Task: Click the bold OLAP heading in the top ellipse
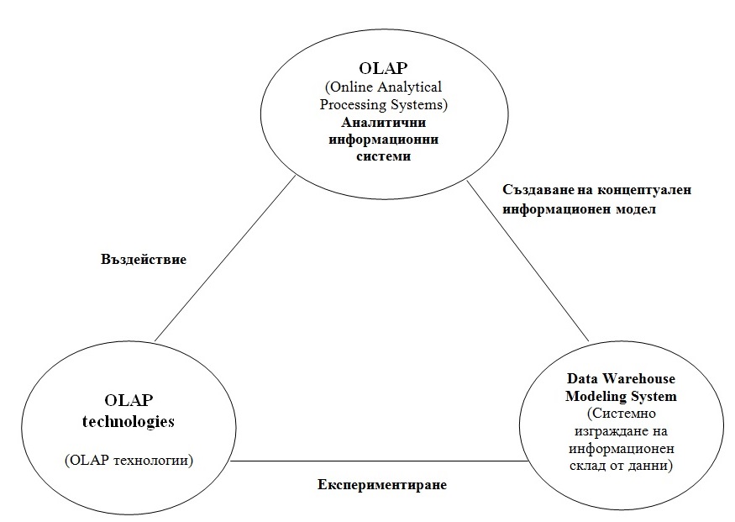383,68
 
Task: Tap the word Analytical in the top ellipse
410,87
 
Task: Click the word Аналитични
383,122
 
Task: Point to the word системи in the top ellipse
383,156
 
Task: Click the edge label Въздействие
144,260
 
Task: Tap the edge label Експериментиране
382,484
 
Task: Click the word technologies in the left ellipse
129,421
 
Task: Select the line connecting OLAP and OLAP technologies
225,258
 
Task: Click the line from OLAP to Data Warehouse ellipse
528,261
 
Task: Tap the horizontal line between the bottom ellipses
379,461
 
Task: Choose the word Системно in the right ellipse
621,414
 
